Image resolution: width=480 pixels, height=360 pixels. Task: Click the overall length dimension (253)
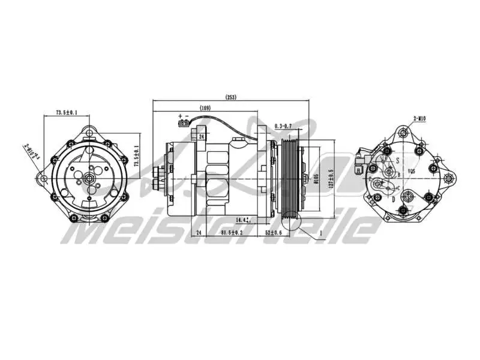pos(231,97)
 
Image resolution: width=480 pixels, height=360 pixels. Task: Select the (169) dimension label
pos(205,108)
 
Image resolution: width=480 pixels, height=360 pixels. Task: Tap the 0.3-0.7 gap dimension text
pos(283,126)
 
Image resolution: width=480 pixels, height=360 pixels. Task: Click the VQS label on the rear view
pos(412,172)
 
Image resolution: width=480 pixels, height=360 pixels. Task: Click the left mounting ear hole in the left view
pos(42,178)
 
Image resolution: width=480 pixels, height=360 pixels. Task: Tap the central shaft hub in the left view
pos(88,178)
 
